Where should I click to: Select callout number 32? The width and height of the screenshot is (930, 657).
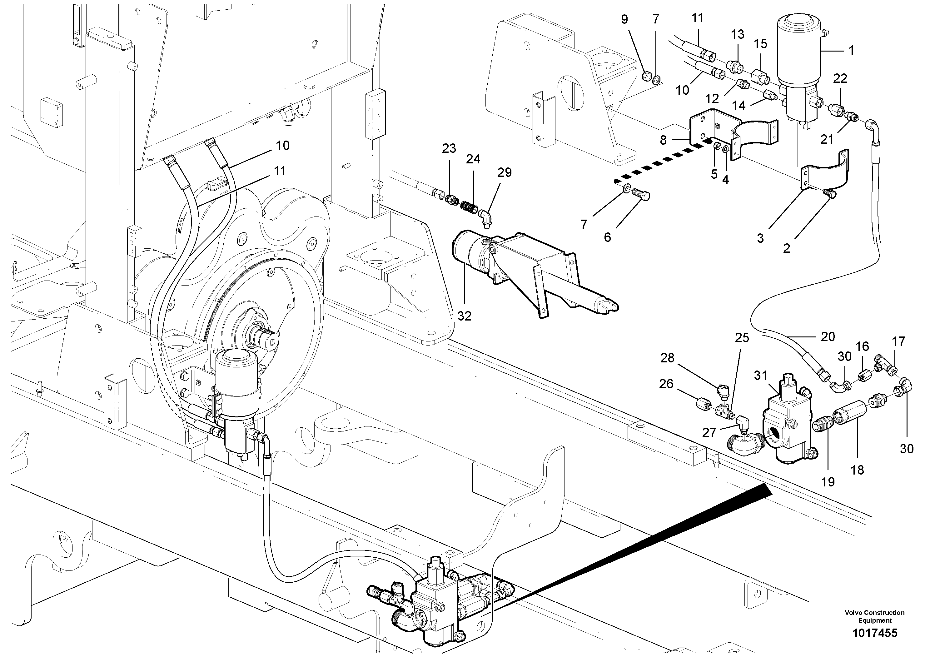point(464,316)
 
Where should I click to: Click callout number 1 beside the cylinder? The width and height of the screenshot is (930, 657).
point(851,51)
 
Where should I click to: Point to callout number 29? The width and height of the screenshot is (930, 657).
point(504,172)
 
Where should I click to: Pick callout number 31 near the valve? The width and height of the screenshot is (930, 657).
point(760,376)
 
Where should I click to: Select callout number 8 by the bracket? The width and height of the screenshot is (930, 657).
point(663,140)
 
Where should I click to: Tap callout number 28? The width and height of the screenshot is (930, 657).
point(667,358)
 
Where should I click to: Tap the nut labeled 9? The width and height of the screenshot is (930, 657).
point(647,75)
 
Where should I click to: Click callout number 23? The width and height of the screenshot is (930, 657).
point(449,149)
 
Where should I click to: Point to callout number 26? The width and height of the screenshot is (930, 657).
point(666,384)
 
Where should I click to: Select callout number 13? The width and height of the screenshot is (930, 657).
point(738,34)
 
